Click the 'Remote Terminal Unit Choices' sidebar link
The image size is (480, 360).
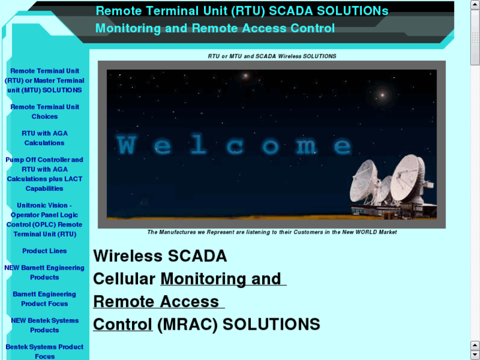click(44, 112)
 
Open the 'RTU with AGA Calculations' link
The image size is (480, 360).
click(44, 138)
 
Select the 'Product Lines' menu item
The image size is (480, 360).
click(44, 251)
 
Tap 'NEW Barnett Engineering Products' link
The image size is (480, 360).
click(44, 273)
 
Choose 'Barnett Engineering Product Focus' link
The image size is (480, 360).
click(44, 299)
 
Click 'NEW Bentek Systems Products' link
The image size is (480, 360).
click(44, 326)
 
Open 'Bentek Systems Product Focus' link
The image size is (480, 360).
click(44, 351)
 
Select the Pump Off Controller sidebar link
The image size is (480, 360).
click(44, 174)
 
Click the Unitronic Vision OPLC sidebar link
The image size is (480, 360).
click(44, 219)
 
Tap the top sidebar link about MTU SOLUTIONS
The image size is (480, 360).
click(44, 81)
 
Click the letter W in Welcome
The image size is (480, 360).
click(127, 145)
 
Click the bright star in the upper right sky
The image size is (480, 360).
click(381, 95)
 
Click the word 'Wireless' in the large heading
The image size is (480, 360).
click(128, 256)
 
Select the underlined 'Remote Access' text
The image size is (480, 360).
click(156, 302)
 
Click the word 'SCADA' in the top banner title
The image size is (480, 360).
click(289, 11)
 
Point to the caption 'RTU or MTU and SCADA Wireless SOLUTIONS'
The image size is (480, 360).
click(271, 56)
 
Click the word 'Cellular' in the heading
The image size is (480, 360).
click(124, 279)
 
